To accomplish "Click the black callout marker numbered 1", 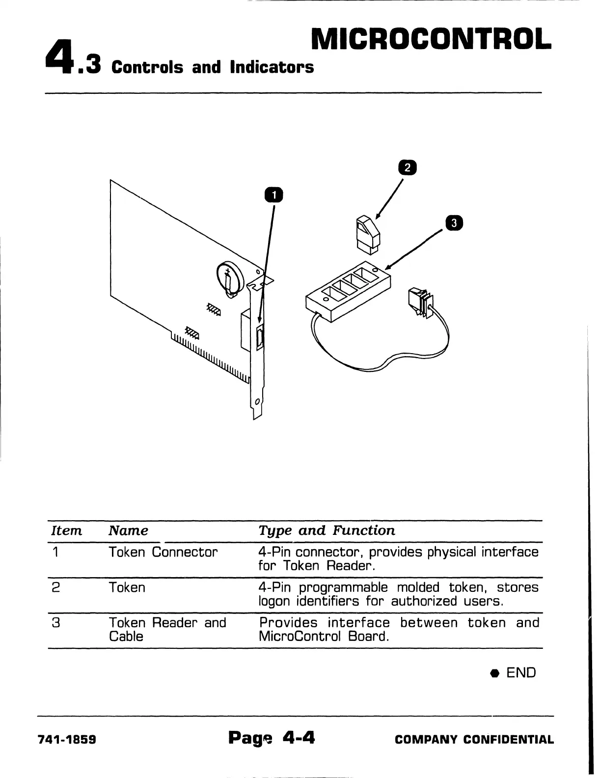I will (x=274, y=195).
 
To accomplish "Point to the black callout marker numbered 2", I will (x=407, y=168).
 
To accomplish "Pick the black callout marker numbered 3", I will (x=454, y=223).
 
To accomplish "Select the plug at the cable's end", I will (x=419, y=301).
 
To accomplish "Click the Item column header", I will (x=67, y=530).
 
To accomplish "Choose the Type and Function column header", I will (x=327, y=530).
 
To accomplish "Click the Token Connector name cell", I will (x=163, y=552).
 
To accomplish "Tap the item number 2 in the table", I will (x=56, y=587).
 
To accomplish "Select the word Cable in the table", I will (x=126, y=637).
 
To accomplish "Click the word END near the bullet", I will (x=521, y=672).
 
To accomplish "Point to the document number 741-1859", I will (x=67, y=740).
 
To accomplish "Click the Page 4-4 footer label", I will (x=271, y=738).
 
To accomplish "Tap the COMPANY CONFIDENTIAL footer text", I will (x=474, y=740).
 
